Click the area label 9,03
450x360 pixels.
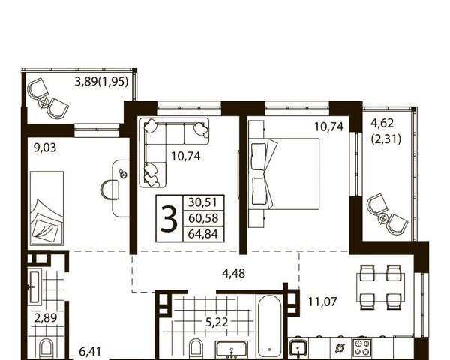pos(45,148)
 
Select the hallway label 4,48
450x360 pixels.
pos(233,273)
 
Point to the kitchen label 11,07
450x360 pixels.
pos(322,301)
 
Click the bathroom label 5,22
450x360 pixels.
pos(217,322)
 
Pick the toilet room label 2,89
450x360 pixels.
pos(46,318)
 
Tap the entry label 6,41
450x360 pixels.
pos(90,352)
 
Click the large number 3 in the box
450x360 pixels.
pos(169,219)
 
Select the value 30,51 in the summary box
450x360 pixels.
pos(203,202)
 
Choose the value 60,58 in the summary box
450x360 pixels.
pos(203,218)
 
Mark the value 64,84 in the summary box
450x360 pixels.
pos(203,234)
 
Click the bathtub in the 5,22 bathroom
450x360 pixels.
pos(269,326)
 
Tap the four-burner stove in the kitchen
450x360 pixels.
pos(362,347)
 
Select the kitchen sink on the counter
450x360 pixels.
pos(298,348)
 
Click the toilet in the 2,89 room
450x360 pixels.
pos(46,349)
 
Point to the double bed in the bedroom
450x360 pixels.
pos(284,174)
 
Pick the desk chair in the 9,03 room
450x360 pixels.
pos(110,190)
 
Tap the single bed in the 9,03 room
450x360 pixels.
pos(46,208)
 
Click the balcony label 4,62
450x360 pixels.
pos(382,124)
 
